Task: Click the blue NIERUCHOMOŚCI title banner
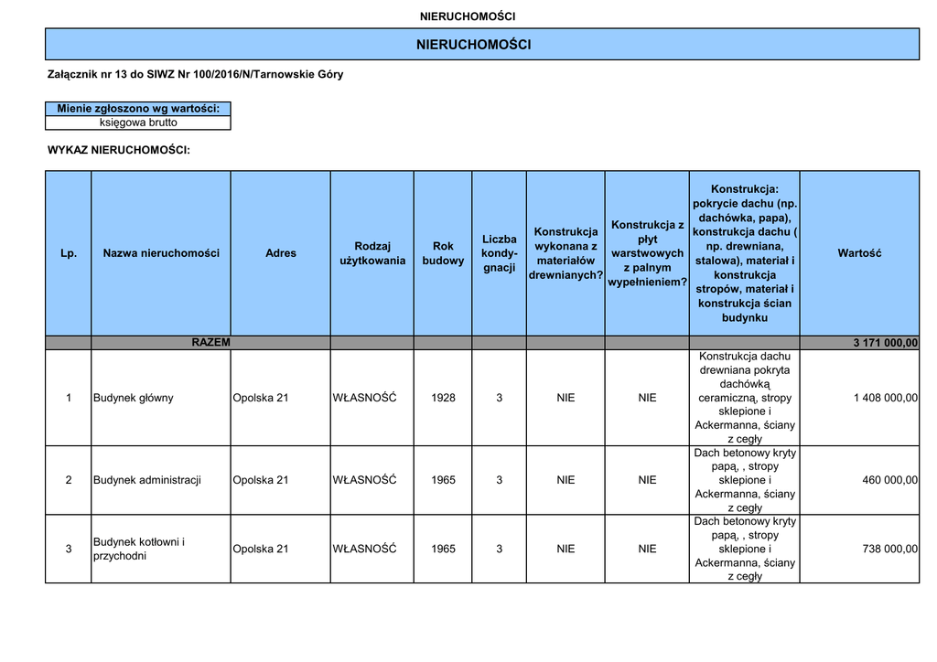coord(473,45)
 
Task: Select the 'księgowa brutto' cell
coord(138,123)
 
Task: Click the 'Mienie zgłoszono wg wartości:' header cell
coord(138,109)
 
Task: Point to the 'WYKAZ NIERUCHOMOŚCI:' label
coord(119,149)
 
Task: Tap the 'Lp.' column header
coord(69,253)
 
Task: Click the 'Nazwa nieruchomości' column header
coord(161,253)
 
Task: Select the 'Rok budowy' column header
coord(443,253)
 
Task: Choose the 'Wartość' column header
coord(859,253)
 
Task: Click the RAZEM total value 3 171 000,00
coord(885,343)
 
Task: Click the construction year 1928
coord(443,398)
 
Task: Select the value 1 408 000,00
coord(885,398)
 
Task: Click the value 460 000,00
coord(889,480)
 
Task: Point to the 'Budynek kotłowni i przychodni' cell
coord(139,549)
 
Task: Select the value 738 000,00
coord(889,549)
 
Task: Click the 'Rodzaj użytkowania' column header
coord(372,253)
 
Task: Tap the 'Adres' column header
coord(281,253)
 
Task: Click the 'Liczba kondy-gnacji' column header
coord(499,253)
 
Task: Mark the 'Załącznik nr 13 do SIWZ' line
coord(195,74)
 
